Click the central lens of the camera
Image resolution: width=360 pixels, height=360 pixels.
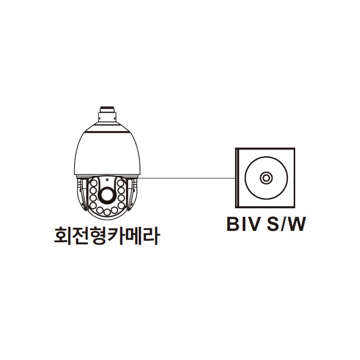107,195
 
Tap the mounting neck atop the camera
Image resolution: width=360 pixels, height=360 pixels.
107,114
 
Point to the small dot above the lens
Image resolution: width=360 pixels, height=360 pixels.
107,180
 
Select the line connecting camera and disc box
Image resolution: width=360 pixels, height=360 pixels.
188,178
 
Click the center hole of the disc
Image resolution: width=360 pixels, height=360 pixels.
266,178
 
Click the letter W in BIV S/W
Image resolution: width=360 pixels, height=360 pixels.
297,224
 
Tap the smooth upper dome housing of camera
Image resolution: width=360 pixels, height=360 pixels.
107,154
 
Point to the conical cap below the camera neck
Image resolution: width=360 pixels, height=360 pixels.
107,127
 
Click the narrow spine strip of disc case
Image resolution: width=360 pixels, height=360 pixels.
238,178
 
